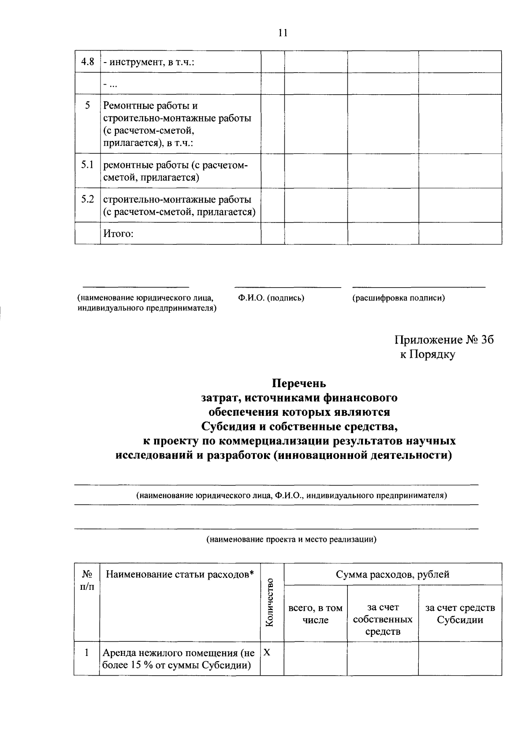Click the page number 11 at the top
[x=283, y=33]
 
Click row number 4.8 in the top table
[x=88, y=62]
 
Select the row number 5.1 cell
[x=88, y=165]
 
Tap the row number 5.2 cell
[x=88, y=200]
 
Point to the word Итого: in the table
[x=118, y=233]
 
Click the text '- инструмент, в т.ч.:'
[x=149, y=62]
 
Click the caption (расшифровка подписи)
[x=398, y=298]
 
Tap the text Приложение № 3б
[x=444, y=340]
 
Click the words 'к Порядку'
[x=427, y=355]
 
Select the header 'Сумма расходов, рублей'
[x=392, y=574]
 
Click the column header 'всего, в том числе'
[x=315, y=614]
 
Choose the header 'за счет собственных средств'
[x=383, y=619]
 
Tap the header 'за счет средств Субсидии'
[x=460, y=614]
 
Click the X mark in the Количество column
[x=267, y=653]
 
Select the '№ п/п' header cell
[x=87, y=580]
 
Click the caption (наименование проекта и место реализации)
[x=292, y=539]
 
